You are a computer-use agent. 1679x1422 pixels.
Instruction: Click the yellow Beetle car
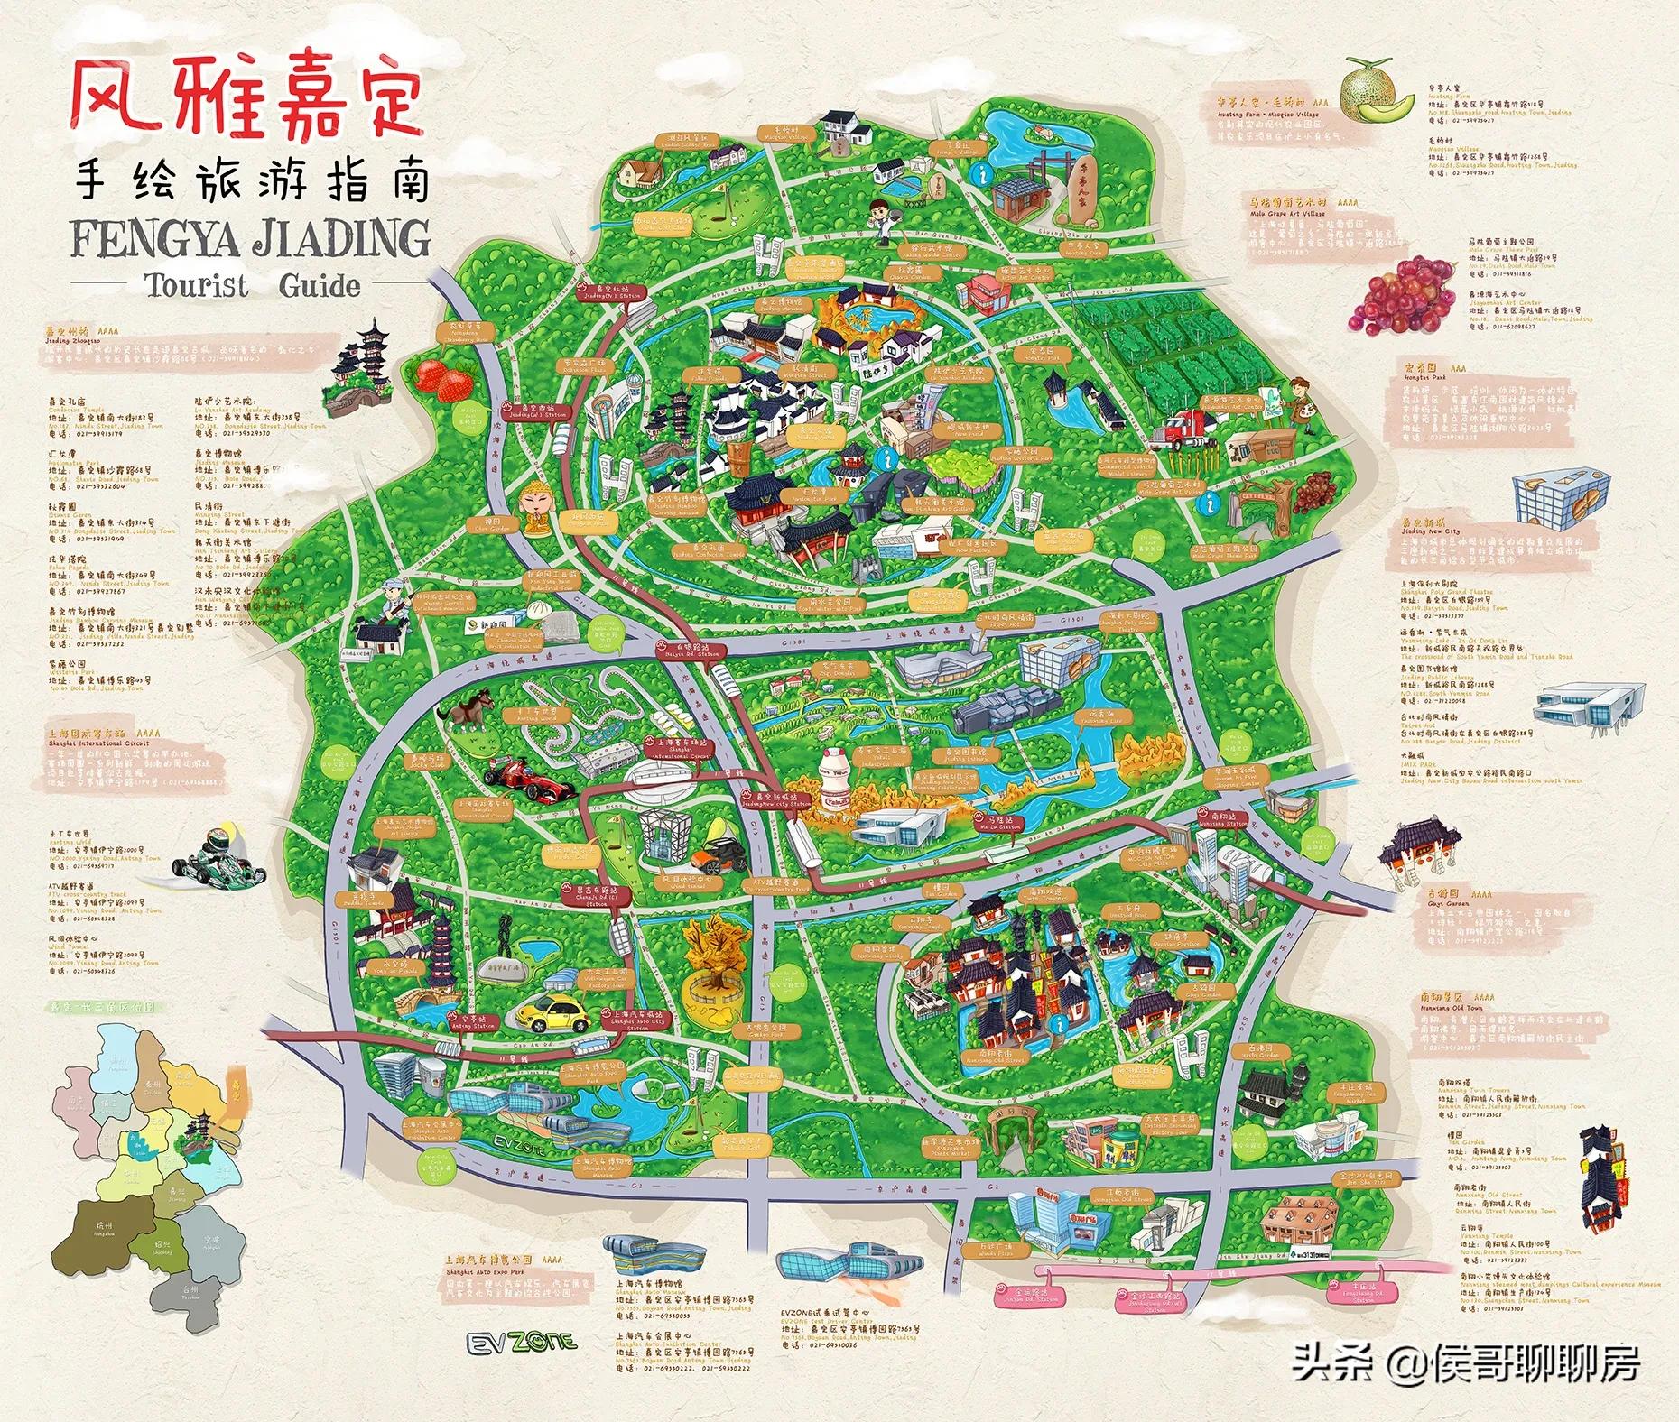[x=553, y=1014]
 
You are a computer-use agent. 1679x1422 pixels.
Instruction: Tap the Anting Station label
[x=469, y=1018]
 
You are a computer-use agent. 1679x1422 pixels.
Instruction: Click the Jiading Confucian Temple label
[x=697, y=552]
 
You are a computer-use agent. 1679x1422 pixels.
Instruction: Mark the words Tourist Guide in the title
[x=251, y=287]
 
